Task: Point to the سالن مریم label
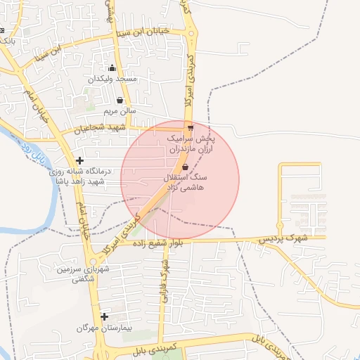(x=120, y=111)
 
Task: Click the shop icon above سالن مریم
(x=120, y=101)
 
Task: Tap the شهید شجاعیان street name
(x=102, y=128)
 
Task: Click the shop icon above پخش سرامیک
(x=191, y=128)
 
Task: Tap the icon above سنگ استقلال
(x=185, y=167)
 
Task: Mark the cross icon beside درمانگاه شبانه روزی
(x=79, y=161)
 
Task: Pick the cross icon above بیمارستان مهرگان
(x=104, y=317)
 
